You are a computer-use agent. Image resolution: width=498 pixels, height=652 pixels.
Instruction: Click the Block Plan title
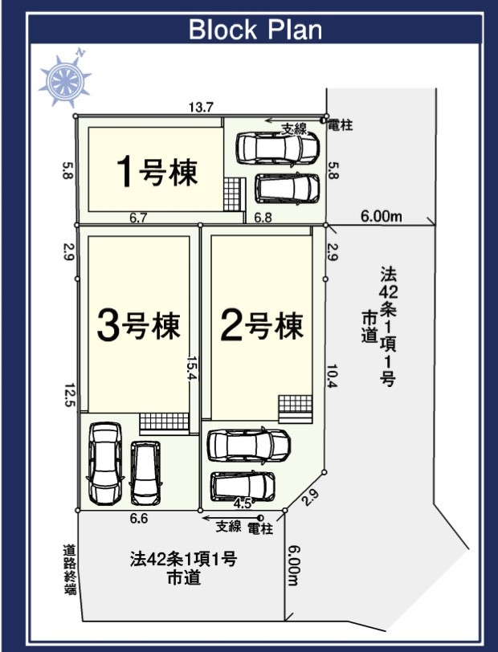[x=255, y=29]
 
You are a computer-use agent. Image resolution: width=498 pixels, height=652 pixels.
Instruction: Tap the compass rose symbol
[x=65, y=79]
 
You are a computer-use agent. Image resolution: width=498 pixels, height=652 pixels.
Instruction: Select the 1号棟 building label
[x=157, y=171]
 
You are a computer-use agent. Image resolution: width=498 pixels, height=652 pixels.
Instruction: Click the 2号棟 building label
[x=262, y=327]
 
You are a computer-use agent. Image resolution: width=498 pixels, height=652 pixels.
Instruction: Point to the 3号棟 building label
[x=138, y=327]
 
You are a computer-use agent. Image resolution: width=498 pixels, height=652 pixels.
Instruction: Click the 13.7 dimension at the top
[x=201, y=108]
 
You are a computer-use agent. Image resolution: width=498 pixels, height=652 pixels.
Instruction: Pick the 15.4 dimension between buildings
[x=192, y=368]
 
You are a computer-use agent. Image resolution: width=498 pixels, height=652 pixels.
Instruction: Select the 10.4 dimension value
[x=332, y=376]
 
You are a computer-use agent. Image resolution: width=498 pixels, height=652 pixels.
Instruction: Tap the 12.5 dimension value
[x=69, y=394]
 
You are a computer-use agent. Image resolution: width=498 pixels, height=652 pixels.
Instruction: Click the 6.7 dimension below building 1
[x=137, y=218]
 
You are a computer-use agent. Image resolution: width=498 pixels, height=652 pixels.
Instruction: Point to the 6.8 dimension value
[x=263, y=218]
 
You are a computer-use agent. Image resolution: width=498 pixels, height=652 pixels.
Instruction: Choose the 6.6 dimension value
[x=138, y=519]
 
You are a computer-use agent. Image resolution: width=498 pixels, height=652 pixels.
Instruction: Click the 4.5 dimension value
[x=242, y=504]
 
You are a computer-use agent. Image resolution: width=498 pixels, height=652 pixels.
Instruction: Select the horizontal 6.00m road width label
[x=381, y=216]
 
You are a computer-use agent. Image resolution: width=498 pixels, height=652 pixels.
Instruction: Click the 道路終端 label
[x=69, y=569]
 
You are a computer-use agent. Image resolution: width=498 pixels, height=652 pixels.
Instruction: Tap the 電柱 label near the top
[x=341, y=124]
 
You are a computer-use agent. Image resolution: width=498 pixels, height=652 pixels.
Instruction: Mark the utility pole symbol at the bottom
[x=260, y=518]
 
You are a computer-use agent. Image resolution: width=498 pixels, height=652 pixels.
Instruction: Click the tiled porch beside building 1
[x=232, y=194]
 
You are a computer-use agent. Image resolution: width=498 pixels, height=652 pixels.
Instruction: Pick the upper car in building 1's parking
[x=277, y=148]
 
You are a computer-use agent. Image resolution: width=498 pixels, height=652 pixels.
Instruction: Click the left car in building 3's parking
[x=105, y=463]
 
